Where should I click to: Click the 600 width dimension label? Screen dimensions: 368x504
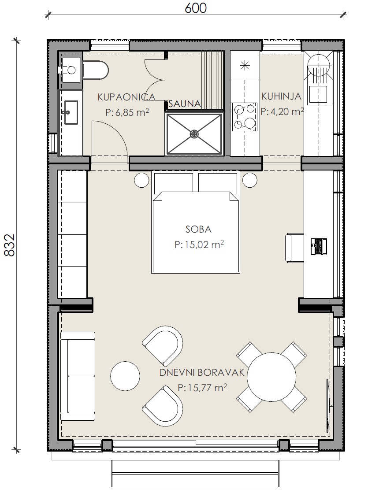tap(196, 8)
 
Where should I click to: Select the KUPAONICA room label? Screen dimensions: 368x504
tap(126, 97)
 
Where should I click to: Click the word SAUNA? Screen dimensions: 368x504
tap(185, 104)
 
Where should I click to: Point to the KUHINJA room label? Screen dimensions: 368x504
tap(282, 96)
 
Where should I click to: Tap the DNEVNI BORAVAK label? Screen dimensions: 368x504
tap(202, 373)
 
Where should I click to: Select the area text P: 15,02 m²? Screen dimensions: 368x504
tap(199, 244)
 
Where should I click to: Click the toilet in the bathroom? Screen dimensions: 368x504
tap(96, 70)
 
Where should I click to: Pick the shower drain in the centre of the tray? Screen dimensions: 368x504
tap(194, 134)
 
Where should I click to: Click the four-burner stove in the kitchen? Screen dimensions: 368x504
tap(245, 117)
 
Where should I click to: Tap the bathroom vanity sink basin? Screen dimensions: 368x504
tap(71, 112)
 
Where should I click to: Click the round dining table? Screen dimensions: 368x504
tap(271, 377)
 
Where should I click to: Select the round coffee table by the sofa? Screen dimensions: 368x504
tap(125, 376)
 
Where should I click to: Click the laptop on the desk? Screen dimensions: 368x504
tap(319, 247)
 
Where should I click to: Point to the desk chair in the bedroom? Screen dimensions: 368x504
tap(294, 248)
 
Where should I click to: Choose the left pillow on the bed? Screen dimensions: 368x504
tap(174, 183)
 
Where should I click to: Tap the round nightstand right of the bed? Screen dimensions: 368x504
tap(249, 180)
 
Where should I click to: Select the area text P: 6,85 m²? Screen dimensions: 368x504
tap(127, 112)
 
